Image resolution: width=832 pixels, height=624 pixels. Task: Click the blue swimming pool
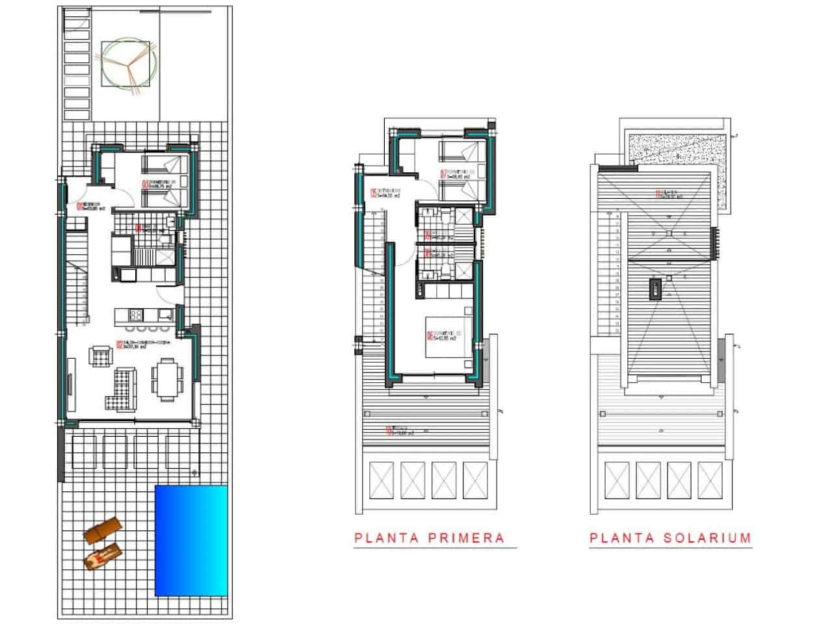tap(192, 541)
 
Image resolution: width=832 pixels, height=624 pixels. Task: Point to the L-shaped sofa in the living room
tap(122, 389)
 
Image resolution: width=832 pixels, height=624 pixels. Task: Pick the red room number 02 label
tap(120, 346)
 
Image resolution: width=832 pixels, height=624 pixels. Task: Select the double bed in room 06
tap(446, 337)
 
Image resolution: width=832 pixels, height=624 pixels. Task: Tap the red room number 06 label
tap(430, 337)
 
